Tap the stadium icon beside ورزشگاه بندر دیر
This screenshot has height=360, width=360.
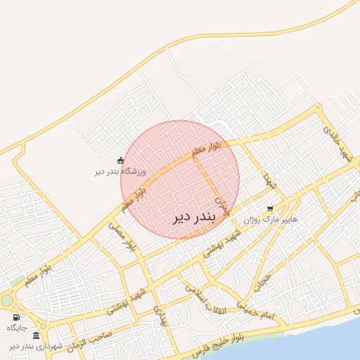[x=120, y=160]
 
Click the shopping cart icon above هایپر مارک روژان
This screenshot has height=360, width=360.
[x=270, y=209]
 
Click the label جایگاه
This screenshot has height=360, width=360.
[x=17, y=328]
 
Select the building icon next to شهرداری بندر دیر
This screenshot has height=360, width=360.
[x=36, y=335]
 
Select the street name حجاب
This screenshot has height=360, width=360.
[x=262, y=282]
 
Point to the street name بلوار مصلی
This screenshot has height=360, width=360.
[x=121, y=236]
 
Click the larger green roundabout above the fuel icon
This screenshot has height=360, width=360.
[x=7, y=301]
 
